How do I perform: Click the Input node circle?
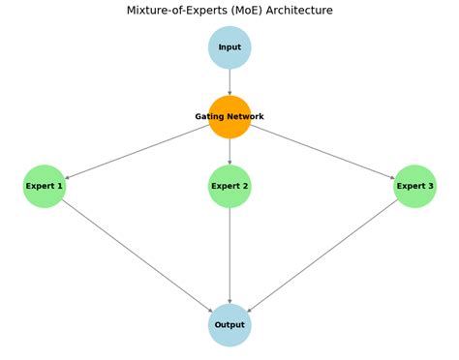tap(229, 47)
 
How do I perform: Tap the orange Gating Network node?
tap(229, 117)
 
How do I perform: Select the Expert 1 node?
tap(45, 186)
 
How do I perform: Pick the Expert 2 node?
tap(229, 186)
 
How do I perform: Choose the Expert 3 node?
tap(414, 186)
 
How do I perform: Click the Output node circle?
tap(229, 325)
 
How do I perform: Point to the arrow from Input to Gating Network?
tap(229, 82)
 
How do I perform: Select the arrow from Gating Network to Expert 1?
tap(137, 152)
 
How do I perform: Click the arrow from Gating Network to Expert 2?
tap(229, 151)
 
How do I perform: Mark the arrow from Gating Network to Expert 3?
tap(322, 152)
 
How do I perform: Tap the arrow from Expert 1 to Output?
tap(137, 255)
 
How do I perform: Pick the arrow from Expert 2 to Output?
tap(229, 255)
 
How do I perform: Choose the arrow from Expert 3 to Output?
tap(322, 255)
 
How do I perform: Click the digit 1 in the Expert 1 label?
tap(60, 186)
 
